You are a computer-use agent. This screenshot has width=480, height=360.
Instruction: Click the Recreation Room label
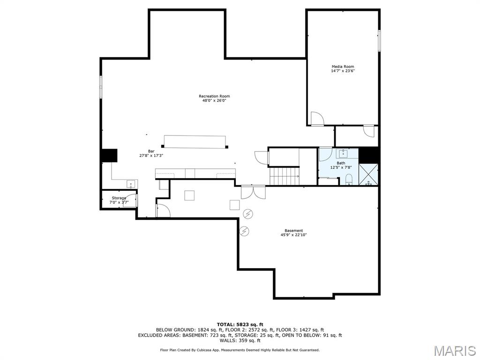[x=214, y=96]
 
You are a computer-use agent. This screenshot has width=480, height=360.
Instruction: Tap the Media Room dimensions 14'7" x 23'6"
[x=343, y=71]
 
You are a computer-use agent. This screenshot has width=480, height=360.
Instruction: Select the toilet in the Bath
[x=349, y=179]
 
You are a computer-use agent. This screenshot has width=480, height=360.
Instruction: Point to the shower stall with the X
[x=368, y=174]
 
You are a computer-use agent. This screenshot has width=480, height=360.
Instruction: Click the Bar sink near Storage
[x=131, y=183]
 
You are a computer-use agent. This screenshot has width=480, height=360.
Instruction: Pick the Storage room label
[x=119, y=198]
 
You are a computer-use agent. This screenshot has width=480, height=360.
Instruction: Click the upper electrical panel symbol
[x=248, y=214]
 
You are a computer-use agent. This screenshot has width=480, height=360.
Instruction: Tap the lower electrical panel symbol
[x=244, y=231]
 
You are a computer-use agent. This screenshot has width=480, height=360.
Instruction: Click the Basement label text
[x=293, y=230]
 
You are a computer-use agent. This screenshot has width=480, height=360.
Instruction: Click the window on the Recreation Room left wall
[x=100, y=87]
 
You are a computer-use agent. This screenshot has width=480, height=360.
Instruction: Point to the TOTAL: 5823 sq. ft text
[x=240, y=324]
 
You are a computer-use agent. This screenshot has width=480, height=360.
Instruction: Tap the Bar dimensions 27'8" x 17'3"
[x=151, y=155]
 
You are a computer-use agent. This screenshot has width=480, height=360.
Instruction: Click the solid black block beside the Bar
[x=109, y=155]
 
